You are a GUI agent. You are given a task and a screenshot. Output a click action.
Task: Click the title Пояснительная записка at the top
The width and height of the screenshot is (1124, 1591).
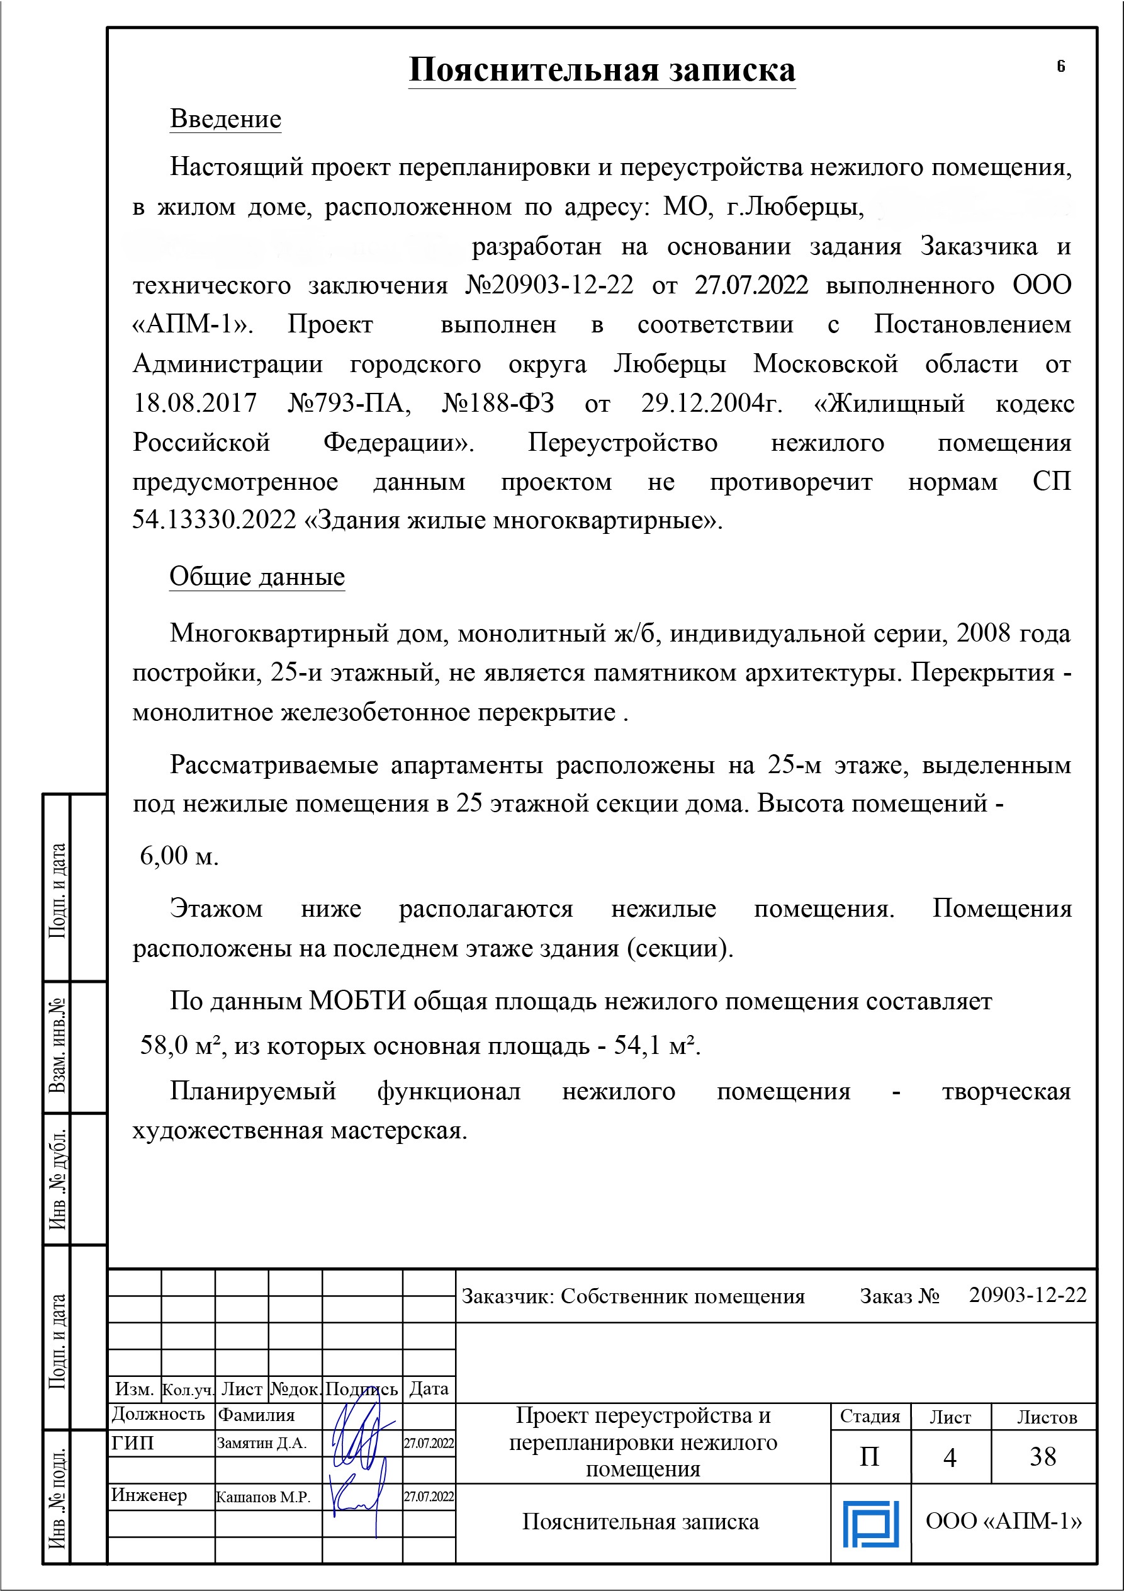coord(601,70)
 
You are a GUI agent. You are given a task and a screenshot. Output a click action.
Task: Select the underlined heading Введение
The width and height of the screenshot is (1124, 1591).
coord(226,118)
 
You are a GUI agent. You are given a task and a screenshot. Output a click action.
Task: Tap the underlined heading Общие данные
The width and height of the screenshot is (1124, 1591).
coord(257,577)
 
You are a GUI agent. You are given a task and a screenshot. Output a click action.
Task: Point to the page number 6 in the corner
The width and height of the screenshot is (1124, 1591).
coord(1060,67)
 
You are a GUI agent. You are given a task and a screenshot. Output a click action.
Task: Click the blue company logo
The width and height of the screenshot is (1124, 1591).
coord(870,1524)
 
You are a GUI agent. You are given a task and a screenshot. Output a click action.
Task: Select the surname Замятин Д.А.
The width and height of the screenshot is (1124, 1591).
coord(262,1444)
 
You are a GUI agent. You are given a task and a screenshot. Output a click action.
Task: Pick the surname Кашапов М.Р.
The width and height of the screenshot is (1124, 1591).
coord(262,1497)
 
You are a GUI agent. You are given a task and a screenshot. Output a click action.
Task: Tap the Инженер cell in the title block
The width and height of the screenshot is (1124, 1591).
coord(149,1495)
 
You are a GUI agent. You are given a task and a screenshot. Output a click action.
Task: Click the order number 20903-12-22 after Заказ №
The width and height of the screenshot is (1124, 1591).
coord(1028,1294)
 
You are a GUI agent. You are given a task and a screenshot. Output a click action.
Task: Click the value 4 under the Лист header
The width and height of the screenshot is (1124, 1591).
coord(950,1458)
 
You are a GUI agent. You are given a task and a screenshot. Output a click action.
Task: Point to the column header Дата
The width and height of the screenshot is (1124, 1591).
coord(429,1389)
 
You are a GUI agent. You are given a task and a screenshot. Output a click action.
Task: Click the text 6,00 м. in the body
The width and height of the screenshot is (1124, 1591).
coord(179,856)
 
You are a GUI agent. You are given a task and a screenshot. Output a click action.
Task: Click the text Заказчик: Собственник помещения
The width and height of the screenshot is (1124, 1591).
coord(633,1296)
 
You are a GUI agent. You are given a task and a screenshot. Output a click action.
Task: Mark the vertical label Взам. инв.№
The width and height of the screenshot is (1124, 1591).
coord(57,1046)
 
